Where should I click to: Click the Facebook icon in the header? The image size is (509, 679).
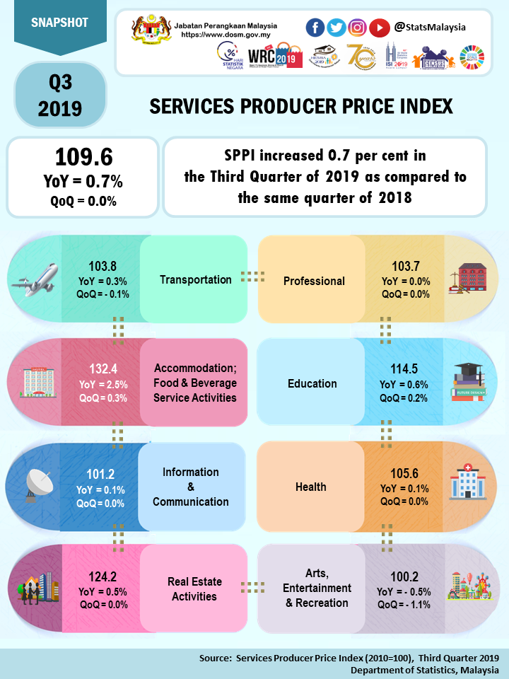tap(315, 28)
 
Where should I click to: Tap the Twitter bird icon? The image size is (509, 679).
tap(337, 28)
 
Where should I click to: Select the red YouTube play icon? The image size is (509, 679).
tap(380, 28)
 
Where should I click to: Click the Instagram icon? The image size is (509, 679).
tap(358, 28)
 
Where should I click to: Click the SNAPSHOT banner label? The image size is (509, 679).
tap(60, 23)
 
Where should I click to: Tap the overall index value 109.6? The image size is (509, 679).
tap(83, 157)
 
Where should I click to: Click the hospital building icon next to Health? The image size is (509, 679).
tap(468, 486)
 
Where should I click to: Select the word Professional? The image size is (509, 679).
tap(314, 281)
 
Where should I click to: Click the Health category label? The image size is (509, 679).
tap(311, 487)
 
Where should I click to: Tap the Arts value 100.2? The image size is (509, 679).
tap(404, 576)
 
